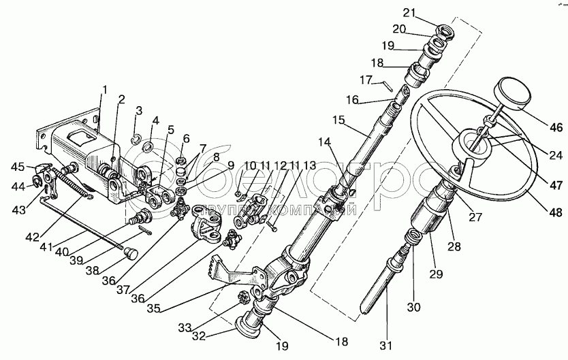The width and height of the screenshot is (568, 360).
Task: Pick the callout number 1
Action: (x=105, y=89)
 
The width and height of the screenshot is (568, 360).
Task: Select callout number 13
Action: (x=310, y=165)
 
